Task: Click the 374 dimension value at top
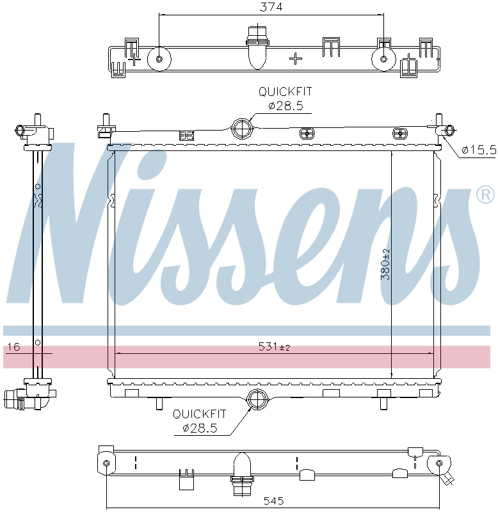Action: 272,7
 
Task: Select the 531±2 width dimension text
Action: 274,347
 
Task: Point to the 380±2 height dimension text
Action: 385,264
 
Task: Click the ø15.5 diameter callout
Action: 479,150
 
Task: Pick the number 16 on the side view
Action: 13,347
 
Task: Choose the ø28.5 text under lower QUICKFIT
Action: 200,428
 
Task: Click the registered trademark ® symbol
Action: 485,195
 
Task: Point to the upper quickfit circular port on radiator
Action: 241,128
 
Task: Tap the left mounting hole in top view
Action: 159,60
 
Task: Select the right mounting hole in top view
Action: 383,60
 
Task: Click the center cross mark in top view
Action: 295,59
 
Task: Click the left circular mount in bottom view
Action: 106,463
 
